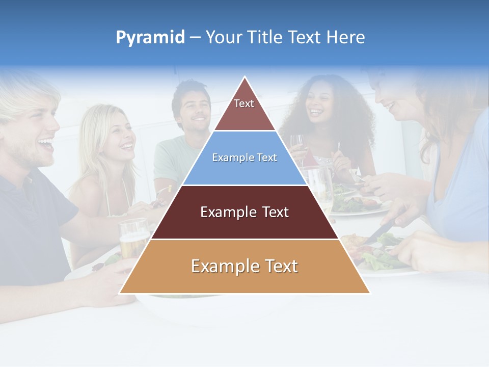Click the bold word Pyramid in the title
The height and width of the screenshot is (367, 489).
(150, 38)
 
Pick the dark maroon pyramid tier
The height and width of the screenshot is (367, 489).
(244, 212)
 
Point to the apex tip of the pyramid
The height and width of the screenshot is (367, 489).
(245, 78)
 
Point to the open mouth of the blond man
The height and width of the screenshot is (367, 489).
(45, 144)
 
